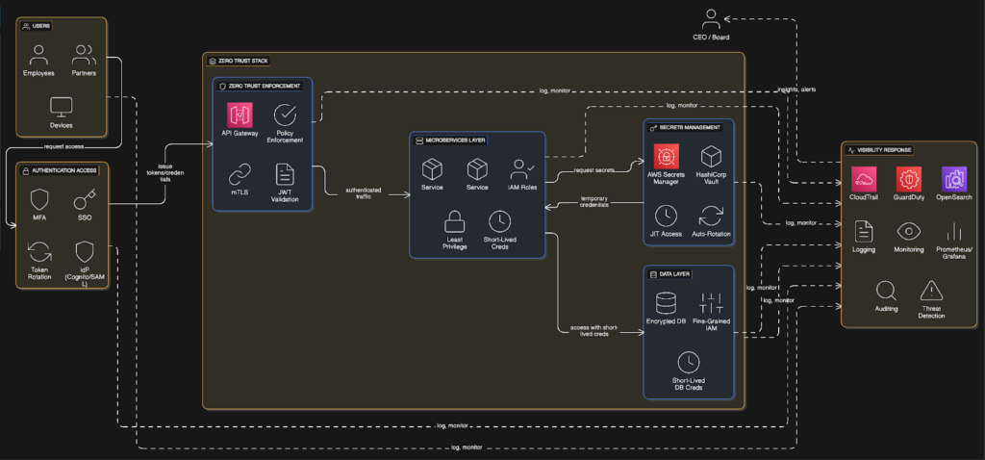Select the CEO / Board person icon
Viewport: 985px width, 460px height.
[711, 17]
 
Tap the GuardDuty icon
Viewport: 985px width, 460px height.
[907, 179]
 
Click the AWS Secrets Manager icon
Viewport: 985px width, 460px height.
[664, 156]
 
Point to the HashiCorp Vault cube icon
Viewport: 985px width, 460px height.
[711, 156]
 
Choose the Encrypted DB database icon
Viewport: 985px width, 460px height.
[666, 302]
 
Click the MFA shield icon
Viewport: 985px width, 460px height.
[39, 200]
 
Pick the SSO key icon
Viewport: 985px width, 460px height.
[84, 200]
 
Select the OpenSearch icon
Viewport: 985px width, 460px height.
[953, 179]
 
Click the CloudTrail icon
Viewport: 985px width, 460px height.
[864, 179]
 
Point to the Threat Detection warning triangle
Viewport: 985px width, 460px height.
[931, 290]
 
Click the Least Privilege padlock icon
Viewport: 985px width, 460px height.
[455, 222]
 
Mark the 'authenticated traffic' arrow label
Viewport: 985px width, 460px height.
[365, 192]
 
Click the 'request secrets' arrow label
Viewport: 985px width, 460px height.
[594, 170]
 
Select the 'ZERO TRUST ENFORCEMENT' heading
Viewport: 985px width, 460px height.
[264, 86]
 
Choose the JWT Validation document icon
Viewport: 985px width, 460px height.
[285, 173]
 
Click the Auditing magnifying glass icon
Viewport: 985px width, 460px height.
[886, 290]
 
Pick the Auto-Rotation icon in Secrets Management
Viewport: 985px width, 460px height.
[710, 215]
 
